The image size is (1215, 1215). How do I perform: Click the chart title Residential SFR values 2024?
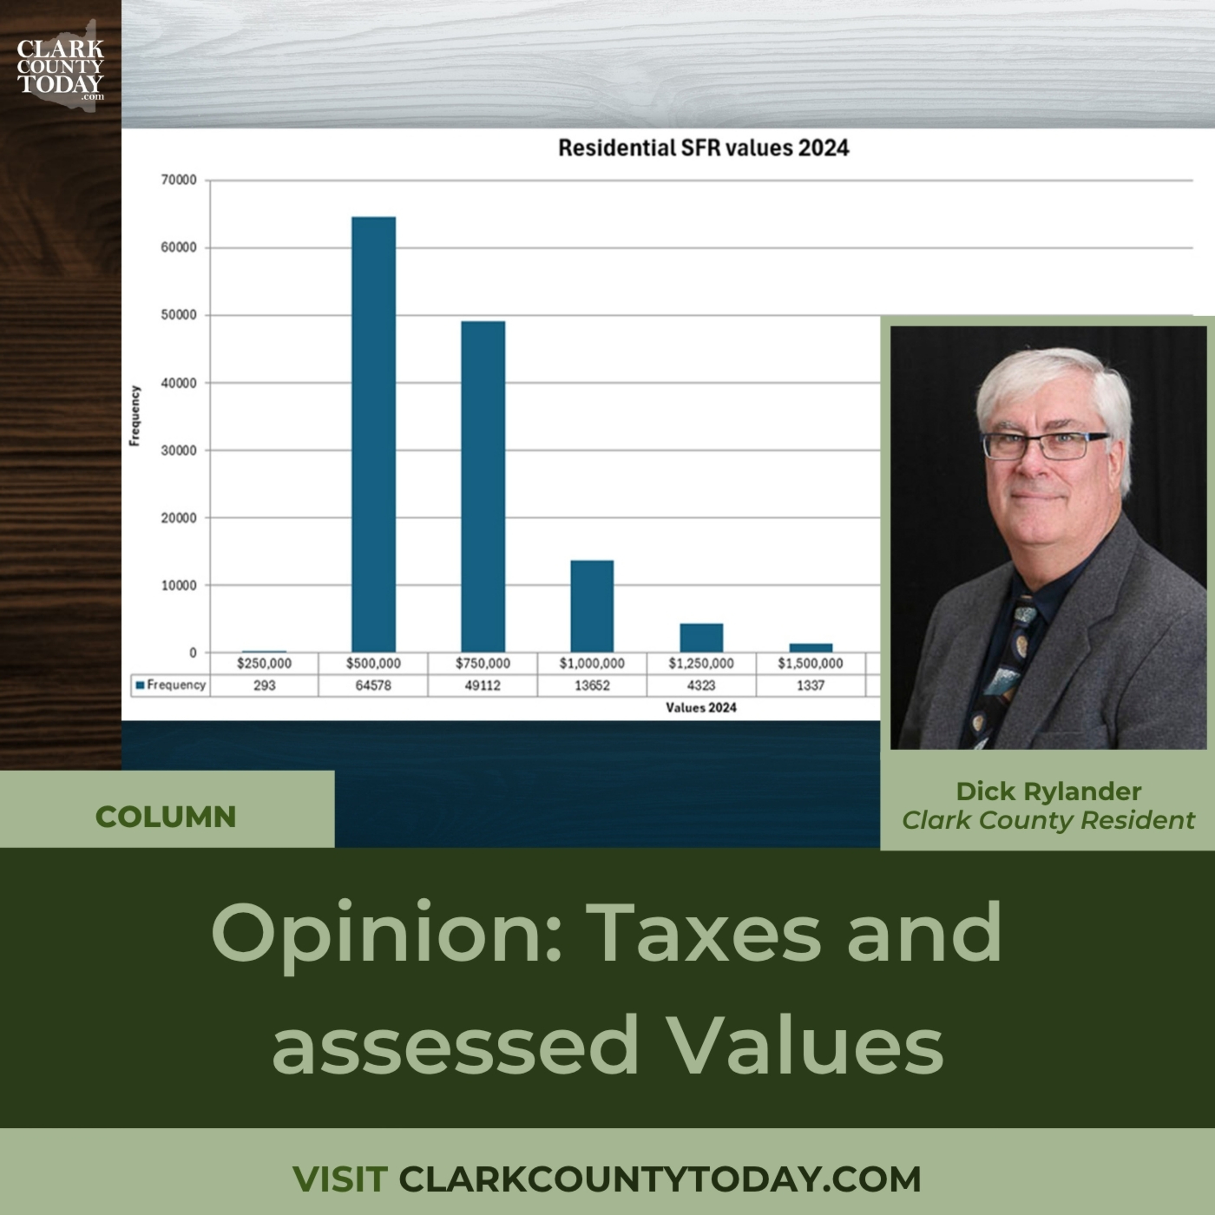tap(704, 148)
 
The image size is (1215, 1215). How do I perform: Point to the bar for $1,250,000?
tap(701, 638)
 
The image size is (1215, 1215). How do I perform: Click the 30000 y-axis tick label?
tap(179, 450)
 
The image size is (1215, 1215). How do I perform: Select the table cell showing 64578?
tap(373, 686)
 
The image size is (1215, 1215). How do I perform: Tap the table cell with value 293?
tap(264, 686)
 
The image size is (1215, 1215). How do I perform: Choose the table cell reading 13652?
tap(592, 686)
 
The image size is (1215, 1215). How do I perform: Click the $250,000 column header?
tap(264, 663)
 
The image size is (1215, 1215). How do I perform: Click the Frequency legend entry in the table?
tap(171, 685)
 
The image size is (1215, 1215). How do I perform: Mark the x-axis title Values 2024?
tap(701, 708)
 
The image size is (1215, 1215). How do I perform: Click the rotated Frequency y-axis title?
tap(134, 416)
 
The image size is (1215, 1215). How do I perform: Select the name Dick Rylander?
tap(1049, 791)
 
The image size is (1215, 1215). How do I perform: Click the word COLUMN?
tap(166, 817)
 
